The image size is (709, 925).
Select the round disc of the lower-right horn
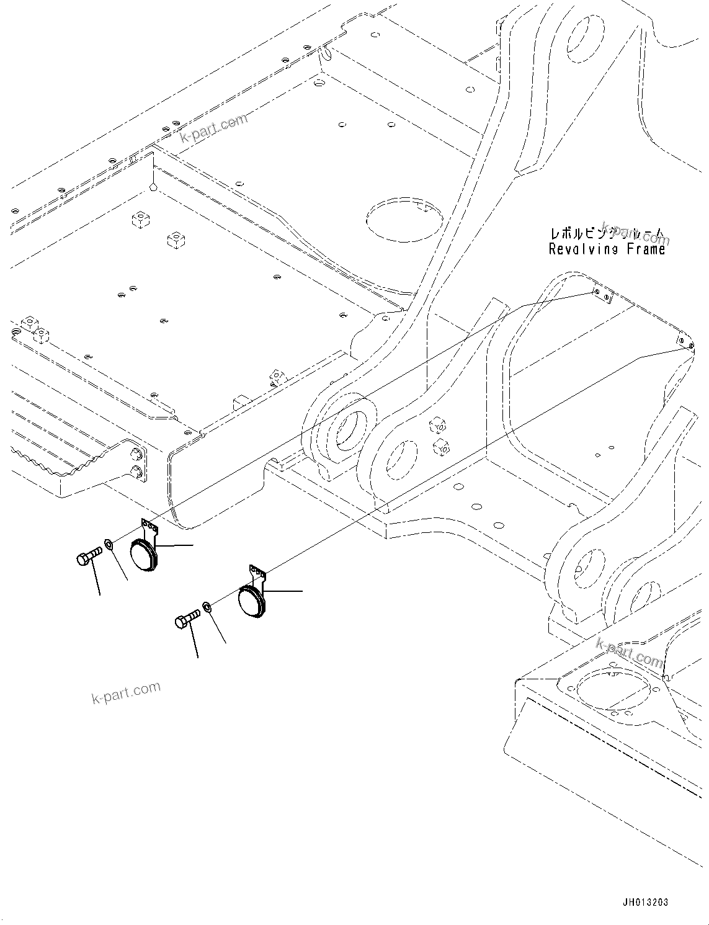tap(251, 602)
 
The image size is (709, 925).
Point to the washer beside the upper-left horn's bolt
tap(109, 545)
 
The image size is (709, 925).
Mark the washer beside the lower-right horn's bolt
tap(207, 606)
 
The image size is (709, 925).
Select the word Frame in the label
tap(644, 249)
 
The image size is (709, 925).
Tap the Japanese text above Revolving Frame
tap(607, 235)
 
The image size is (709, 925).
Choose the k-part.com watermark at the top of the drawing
tap(213, 127)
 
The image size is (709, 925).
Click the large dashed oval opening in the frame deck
tap(404, 219)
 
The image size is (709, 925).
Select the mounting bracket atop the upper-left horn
tap(150, 528)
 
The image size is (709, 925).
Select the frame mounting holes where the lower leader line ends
tap(685, 343)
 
